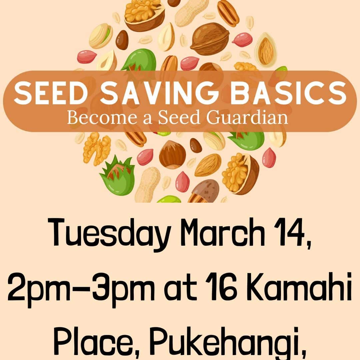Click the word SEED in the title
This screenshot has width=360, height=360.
pos(51,93)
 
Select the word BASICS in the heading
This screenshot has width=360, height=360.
pos(288,93)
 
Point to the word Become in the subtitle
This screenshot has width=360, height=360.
pos(102,118)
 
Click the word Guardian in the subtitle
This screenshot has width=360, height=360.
pos(247,118)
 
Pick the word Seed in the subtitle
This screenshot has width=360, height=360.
pos(179,118)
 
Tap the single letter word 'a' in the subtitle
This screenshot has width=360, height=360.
pos(147,119)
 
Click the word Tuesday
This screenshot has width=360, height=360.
pos(109,235)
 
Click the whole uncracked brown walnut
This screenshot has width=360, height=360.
pos(210,39)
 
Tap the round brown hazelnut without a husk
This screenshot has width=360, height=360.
pos(172,155)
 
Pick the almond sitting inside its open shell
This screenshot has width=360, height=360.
pos(266,50)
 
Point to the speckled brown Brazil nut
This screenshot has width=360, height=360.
pos(203,191)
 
